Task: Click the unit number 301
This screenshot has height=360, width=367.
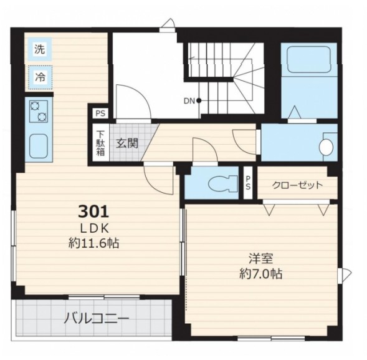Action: tap(93, 211)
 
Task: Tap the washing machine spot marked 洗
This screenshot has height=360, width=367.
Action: tap(39, 49)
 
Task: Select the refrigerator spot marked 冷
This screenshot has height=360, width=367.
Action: tap(40, 77)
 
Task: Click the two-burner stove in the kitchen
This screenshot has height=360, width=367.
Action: tap(39, 111)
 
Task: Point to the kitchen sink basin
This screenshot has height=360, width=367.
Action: tap(39, 146)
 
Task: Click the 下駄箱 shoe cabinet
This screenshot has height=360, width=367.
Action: tap(101, 144)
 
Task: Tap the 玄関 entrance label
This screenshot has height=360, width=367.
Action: tap(127, 143)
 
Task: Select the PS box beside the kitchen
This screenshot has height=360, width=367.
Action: tap(100, 114)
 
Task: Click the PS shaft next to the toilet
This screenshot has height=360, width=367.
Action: tap(248, 182)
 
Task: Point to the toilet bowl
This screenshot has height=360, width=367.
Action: tap(223, 183)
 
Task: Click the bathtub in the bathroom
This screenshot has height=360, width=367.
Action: tap(308, 59)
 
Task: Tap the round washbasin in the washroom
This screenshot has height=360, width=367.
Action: tap(326, 147)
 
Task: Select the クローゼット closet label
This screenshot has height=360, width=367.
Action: tap(297, 185)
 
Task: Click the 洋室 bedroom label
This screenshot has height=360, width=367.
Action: tap(260, 258)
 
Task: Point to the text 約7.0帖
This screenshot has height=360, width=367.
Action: tap(260, 273)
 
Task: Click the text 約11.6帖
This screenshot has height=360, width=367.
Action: tap(93, 243)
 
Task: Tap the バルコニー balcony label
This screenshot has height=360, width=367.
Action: tap(96, 319)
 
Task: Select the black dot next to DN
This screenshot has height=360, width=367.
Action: tap(199, 101)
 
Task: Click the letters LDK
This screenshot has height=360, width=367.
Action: tap(94, 228)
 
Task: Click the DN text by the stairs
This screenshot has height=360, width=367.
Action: tap(189, 101)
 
